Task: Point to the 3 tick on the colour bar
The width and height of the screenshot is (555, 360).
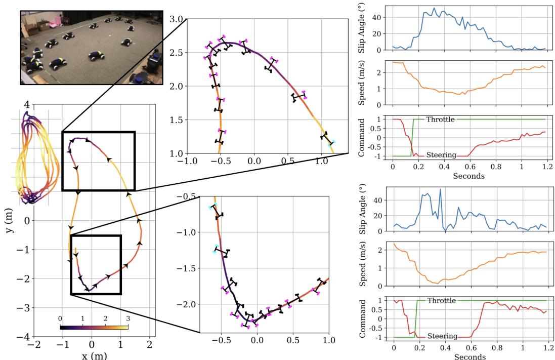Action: click(x=128, y=318)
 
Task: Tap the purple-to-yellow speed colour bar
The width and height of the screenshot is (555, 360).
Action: click(x=94, y=327)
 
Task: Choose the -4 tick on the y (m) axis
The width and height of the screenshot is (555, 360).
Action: click(x=23, y=337)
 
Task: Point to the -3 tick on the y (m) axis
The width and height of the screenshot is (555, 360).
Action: click(x=23, y=308)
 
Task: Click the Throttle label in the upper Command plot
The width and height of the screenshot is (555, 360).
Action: click(x=440, y=119)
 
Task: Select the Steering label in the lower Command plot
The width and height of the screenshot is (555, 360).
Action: click(x=443, y=336)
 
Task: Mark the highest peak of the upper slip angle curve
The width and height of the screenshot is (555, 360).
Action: click(x=434, y=8)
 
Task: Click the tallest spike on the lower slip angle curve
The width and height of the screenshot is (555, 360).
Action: click(x=440, y=189)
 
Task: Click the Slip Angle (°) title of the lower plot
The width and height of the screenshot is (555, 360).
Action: click(x=362, y=209)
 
